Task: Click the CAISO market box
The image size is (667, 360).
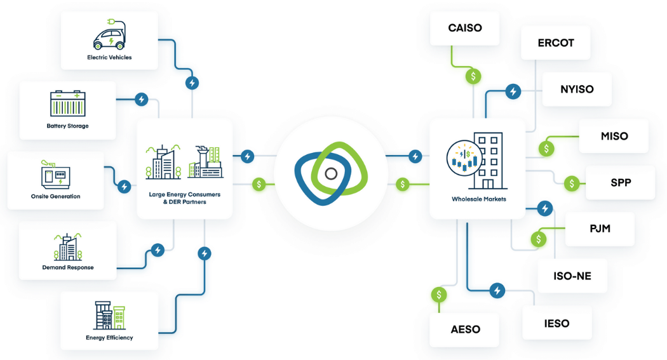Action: tap(464, 28)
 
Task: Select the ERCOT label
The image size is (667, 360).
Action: tap(555, 43)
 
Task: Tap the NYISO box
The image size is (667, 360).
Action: tap(577, 89)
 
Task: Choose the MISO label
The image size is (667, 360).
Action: tap(614, 136)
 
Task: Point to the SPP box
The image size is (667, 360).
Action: tap(620, 183)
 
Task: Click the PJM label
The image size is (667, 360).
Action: tap(600, 228)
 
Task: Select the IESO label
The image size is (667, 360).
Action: tap(556, 323)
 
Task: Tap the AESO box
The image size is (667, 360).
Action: tap(465, 330)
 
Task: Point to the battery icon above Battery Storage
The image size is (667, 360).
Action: tap(68, 103)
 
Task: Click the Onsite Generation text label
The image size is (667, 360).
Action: tap(55, 196)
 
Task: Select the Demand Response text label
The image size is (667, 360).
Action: tap(68, 267)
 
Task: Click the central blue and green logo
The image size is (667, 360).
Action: tap(331, 174)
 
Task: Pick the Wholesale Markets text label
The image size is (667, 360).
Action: tap(478, 199)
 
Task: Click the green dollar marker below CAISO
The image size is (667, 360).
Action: tap(473, 76)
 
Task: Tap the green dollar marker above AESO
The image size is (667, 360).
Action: tap(439, 295)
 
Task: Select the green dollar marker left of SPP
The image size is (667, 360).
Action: tap(572, 183)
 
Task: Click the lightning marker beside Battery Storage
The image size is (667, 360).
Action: tap(142, 100)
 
